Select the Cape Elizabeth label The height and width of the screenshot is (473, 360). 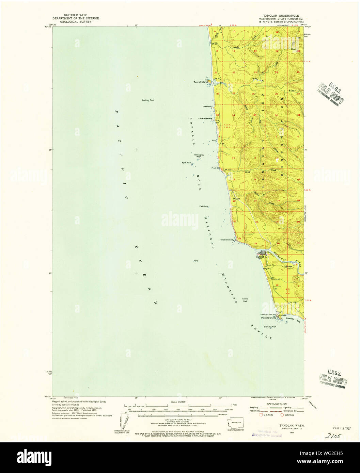[227, 240]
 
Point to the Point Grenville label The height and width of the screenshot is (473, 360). [268, 318]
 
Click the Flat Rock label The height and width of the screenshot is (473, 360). [204, 206]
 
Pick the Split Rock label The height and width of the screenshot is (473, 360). [187, 163]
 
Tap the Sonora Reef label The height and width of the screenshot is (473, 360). [245, 300]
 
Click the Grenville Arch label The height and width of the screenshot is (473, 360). [270, 327]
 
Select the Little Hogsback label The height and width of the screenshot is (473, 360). [205, 118]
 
